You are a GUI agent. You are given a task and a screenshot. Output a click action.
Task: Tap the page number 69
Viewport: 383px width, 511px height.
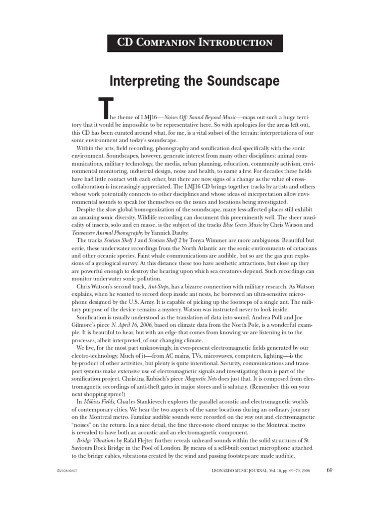[329, 470]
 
